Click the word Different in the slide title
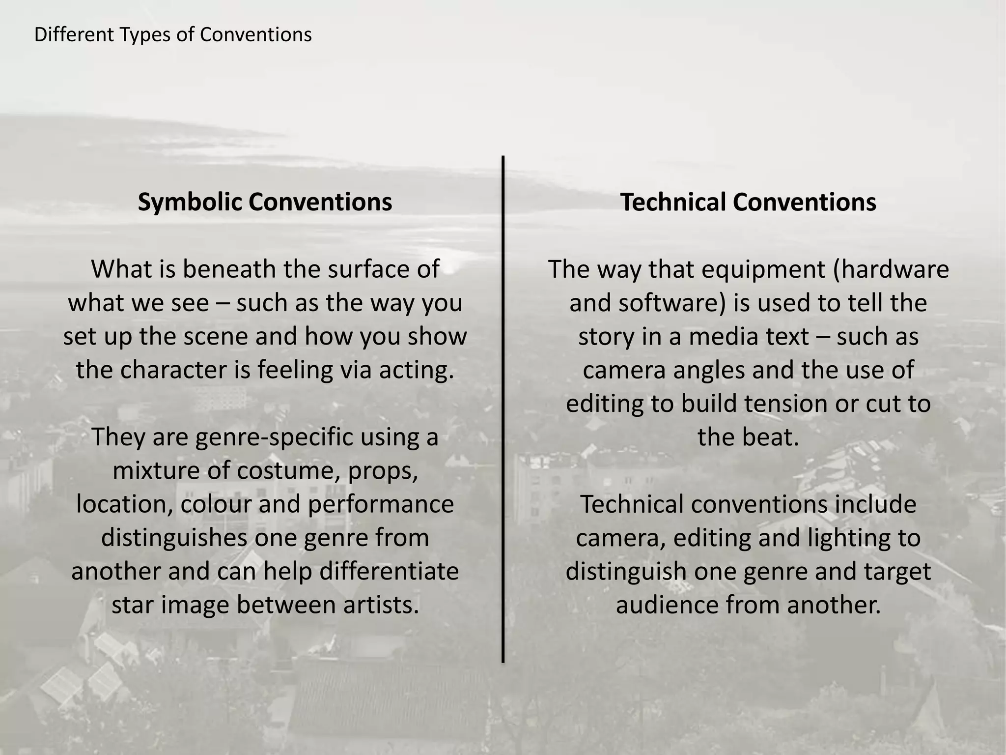pos(74,35)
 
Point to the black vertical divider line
pos(503,408)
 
